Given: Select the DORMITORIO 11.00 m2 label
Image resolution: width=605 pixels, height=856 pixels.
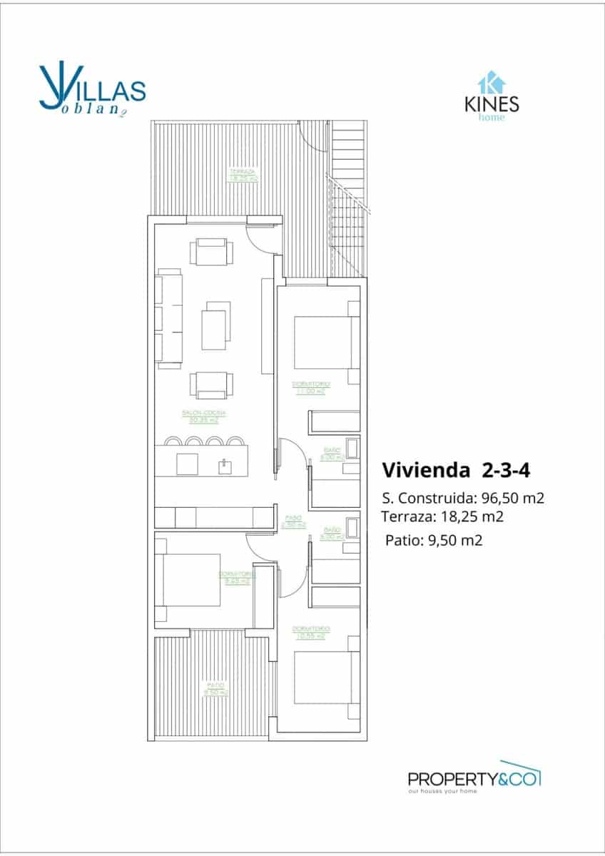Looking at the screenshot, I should (309, 387).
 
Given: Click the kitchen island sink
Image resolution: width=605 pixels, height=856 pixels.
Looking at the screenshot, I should (225, 466).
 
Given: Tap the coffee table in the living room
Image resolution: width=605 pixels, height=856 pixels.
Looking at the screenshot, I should (216, 325).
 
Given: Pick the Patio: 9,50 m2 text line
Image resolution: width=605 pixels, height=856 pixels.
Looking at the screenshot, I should (434, 540).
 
